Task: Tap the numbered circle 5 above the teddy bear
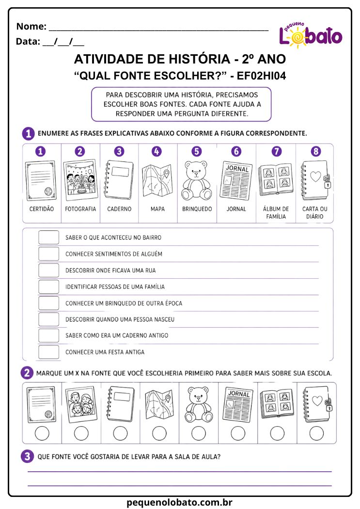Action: pos(197,151)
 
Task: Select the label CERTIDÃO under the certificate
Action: pos(42,209)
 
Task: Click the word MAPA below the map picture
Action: pos(157,209)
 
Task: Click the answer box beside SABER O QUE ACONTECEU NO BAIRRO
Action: pos(48,238)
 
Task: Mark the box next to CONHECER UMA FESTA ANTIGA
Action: pos(48,352)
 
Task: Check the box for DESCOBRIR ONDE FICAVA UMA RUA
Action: pos(48,270)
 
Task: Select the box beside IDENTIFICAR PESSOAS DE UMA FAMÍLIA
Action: pos(48,286)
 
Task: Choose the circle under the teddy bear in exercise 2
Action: pos(199,433)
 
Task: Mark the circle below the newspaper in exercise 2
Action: pos(238,433)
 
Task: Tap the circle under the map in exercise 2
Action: pos(159,433)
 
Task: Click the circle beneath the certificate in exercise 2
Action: pos(42,433)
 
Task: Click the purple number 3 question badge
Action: pos(27,456)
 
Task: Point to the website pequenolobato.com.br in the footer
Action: pos(179,502)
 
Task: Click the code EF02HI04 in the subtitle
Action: pos(261,76)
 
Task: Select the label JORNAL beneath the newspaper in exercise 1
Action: pos(236,209)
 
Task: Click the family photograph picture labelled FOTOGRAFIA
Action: pos(80,179)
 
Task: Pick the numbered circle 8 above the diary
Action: pos(315,151)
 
